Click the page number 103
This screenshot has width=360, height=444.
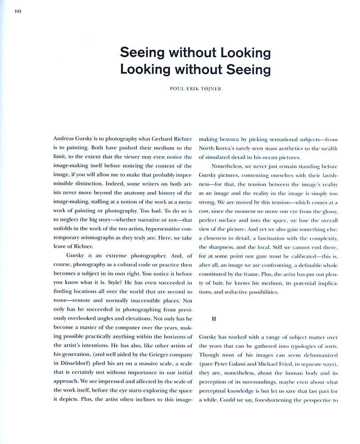pyautogui.click(x=18, y=11)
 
